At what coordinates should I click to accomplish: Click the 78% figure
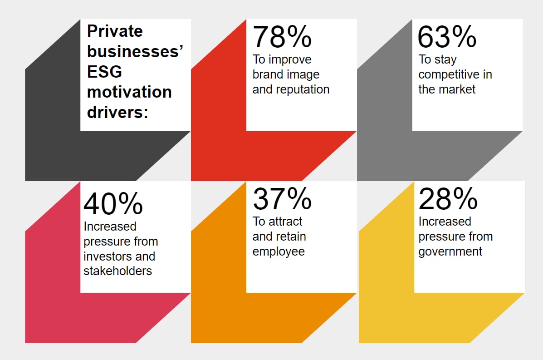(282, 37)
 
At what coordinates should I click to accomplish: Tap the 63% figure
(447, 37)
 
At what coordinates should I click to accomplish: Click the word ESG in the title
(105, 72)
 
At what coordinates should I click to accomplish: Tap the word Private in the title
(115, 31)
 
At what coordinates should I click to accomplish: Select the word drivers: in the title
(118, 112)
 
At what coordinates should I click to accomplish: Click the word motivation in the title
(129, 92)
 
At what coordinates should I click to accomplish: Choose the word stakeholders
(118, 271)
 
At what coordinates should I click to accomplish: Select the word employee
(279, 252)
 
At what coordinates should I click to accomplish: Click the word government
(450, 252)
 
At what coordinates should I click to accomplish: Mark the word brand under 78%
(266, 74)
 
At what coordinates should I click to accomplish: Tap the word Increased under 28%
(445, 222)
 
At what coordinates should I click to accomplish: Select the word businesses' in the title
(135, 52)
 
